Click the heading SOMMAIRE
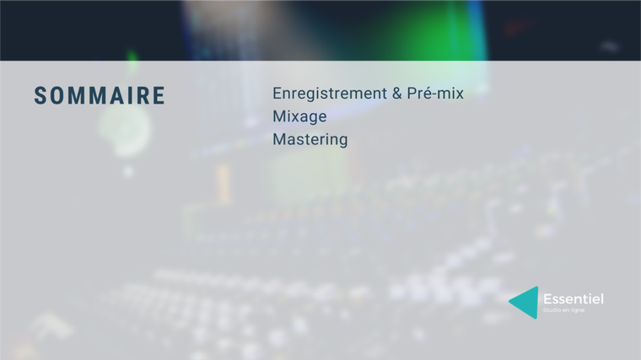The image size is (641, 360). (x=100, y=95)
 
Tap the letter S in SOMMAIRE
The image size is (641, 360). (x=40, y=95)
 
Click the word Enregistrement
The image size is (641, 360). (x=330, y=94)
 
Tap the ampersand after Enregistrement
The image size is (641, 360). (x=397, y=94)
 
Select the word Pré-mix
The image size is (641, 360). (x=435, y=94)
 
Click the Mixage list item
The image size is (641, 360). (x=299, y=116)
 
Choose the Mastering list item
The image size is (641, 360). (x=310, y=139)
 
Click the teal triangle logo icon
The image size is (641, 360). (x=525, y=303)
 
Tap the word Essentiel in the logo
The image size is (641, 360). (x=574, y=299)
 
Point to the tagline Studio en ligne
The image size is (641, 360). (x=563, y=310)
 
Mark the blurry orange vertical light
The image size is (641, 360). (x=224, y=184)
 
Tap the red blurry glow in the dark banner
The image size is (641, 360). (x=517, y=28)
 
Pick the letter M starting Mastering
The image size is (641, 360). (x=279, y=139)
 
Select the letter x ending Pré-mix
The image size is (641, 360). (x=459, y=94)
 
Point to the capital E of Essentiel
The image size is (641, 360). (x=547, y=299)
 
